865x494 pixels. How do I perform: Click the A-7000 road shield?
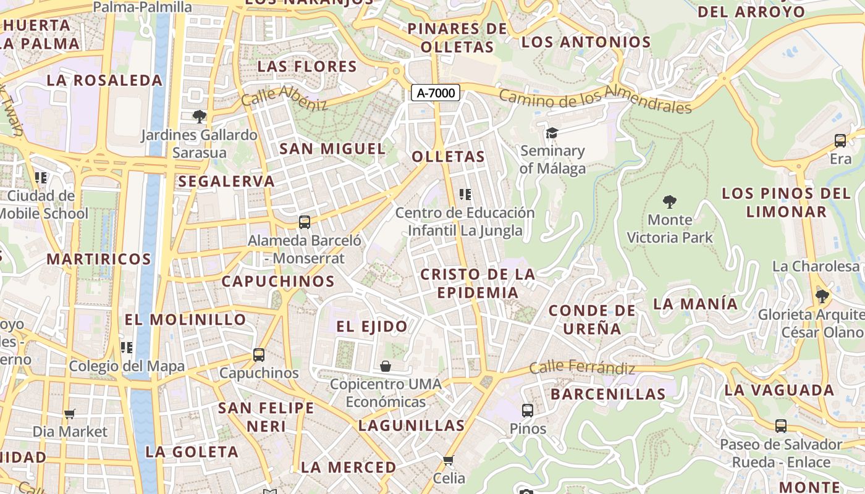pos(436,93)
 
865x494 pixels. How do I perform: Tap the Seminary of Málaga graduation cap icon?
pos(552,133)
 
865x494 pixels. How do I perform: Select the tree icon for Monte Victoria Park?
pos(669,201)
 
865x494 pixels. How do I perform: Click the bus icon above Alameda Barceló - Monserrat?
pos(304,222)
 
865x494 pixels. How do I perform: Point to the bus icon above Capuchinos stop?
pos(259,355)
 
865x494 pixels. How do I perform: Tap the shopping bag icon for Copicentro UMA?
pos(386,366)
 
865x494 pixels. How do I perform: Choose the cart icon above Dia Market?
pos(70,414)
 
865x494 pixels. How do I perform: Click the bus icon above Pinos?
pos(528,411)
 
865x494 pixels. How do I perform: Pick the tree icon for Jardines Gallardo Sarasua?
pos(199,116)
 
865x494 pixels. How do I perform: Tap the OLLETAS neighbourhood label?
pos(449,157)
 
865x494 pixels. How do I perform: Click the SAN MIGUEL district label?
pos(332,149)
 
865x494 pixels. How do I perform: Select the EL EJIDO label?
pos(372,327)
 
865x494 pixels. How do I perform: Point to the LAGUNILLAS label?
pos(411,425)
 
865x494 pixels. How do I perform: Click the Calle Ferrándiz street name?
pos(582,367)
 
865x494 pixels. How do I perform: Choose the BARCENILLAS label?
pos(608,394)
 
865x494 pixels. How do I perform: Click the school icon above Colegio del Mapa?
pos(127,348)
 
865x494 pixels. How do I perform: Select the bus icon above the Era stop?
pos(840,140)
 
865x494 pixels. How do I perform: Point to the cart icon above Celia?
pos(449,460)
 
